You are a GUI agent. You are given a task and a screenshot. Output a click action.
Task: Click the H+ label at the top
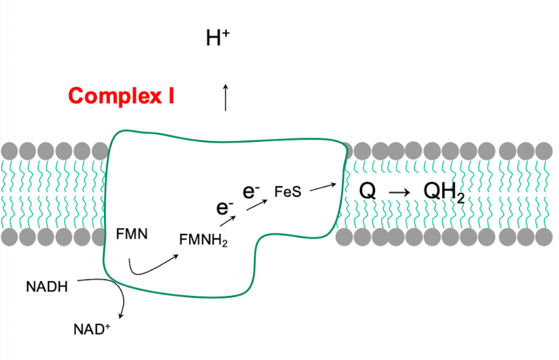217,38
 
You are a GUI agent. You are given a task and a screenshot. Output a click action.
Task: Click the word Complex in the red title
114,96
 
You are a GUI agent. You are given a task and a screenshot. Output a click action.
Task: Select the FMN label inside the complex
132,233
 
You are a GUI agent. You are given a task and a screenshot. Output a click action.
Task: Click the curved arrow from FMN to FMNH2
150,266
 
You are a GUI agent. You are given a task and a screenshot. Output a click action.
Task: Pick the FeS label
287,192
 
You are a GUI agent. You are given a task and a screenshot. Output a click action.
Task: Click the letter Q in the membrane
367,191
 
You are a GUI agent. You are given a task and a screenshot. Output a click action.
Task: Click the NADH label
47,287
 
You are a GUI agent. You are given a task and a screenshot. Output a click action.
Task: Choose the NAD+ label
92,329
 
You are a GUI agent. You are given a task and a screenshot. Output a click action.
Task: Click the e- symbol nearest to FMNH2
225,208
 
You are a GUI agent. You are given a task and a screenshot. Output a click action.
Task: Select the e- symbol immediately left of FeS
251,191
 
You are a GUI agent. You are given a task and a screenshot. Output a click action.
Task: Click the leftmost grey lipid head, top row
9,151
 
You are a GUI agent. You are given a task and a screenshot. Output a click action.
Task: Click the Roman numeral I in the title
170,96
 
